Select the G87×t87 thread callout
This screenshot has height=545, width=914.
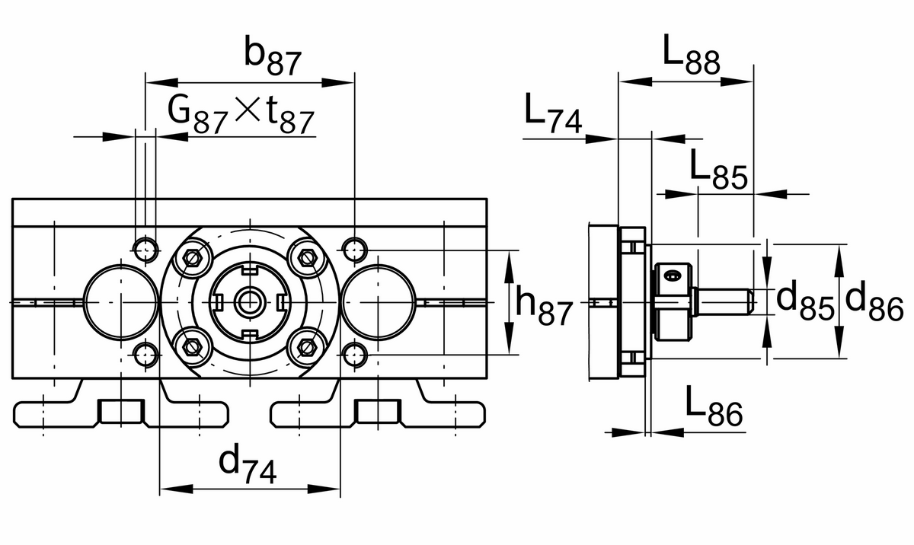(241, 114)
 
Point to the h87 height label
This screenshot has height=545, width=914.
(542, 303)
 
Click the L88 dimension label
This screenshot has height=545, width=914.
(690, 56)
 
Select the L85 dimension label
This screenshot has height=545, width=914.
(719, 168)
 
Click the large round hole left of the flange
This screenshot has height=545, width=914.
(119, 301)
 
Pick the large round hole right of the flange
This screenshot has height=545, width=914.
(379, 301)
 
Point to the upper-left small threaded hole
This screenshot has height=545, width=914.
(145, 248)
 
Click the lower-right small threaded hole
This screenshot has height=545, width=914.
(353, 352)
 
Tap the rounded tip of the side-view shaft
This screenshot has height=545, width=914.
(749, 301)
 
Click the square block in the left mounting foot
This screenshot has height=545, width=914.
(121, 411)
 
